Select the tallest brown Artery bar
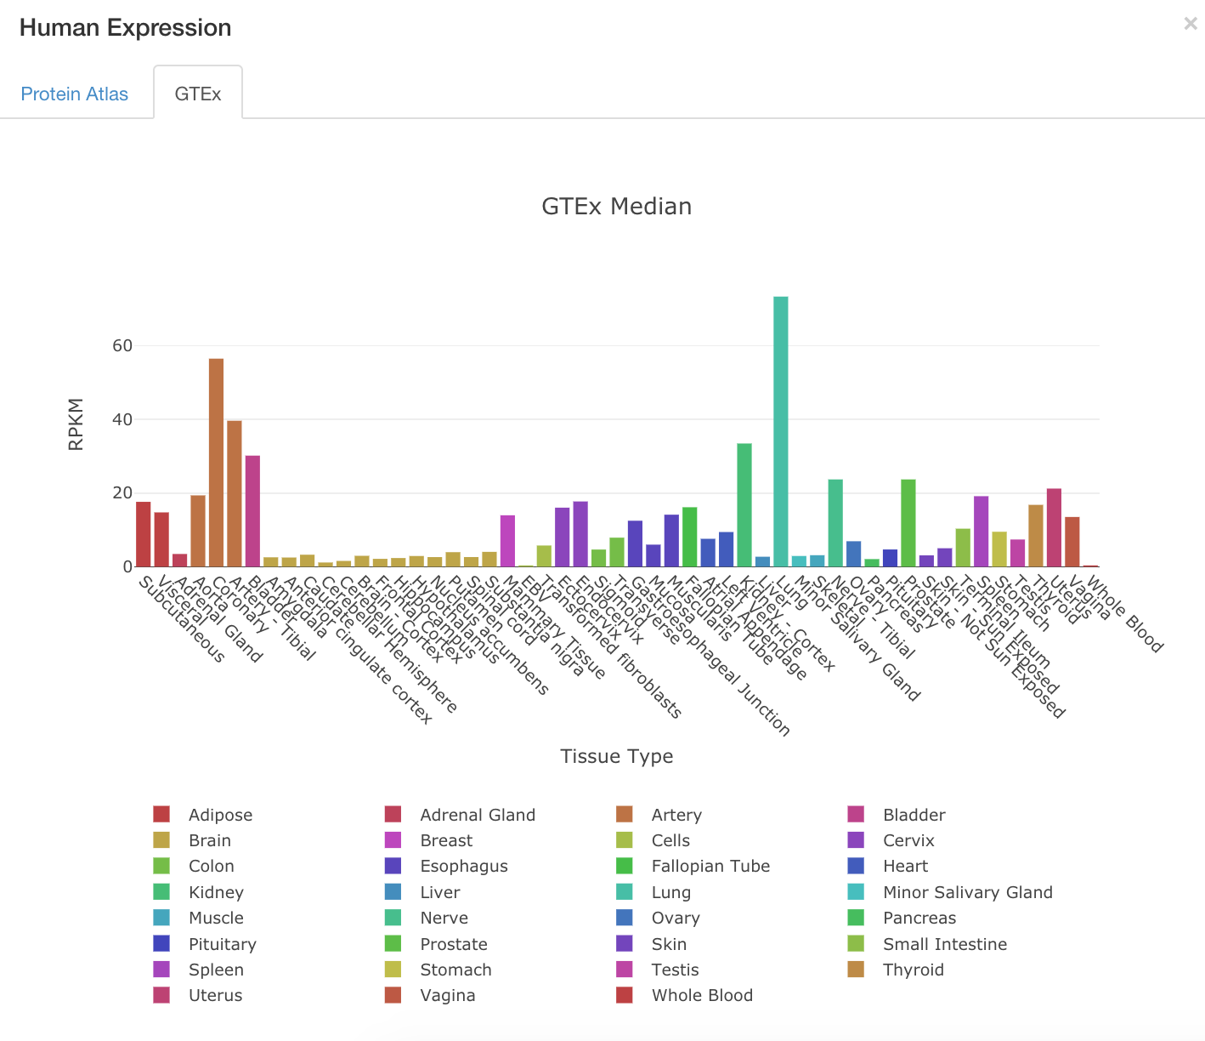[216, 463]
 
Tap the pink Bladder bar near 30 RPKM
[252, 511]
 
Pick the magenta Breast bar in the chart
[507, 541]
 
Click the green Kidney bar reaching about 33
[744, 505]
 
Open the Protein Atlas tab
[75, 94]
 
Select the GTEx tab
[198, 94]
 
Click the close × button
[1190, 24]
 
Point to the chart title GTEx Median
[617, 207]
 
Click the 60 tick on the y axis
[122, 345]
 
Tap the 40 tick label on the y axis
[122, 419]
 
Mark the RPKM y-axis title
[76, 424]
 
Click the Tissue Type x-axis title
[617, 756]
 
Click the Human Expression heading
[126, 28]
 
